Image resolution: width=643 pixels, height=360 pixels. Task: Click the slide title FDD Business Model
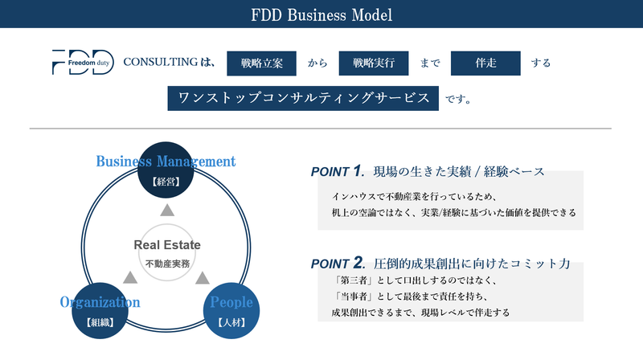pos(321,14)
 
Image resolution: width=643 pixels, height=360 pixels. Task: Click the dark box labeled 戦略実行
pos(371,62)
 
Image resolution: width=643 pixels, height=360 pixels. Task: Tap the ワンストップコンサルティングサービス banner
pos(304,98)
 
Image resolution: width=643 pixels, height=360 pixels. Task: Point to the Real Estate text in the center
pos(167,245)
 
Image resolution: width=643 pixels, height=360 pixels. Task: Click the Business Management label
pos(166,161)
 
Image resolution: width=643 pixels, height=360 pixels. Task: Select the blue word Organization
pos(100,302)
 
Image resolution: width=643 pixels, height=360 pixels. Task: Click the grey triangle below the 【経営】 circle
pos(166,211)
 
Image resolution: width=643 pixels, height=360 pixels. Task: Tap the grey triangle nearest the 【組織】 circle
pos(129,277)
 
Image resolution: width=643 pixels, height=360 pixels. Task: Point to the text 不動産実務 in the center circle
pos(167,263)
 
